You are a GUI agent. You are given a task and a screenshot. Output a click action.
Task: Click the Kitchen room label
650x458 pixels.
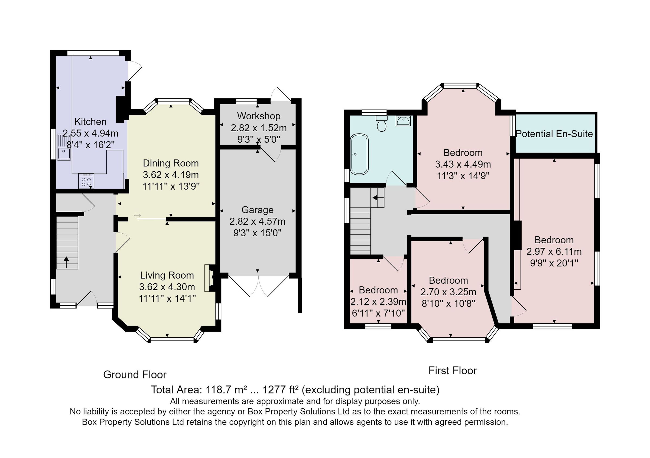[x=90, y=122]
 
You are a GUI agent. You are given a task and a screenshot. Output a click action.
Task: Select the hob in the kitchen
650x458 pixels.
[x=86, y=181]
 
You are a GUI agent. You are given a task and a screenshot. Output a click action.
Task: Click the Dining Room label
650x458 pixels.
[x=171, y=163]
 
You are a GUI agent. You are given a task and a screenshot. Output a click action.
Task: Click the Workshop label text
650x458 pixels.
[x=259, y=116]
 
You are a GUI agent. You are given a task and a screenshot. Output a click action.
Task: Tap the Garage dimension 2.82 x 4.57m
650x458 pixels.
[x=257, y=221]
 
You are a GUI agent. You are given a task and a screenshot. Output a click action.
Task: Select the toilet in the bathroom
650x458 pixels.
[x=382, y=123]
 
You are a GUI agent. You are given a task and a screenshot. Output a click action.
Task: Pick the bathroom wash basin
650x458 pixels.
[x=403, y=121]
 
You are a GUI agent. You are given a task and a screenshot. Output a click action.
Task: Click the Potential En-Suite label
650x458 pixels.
[x=554, y=134]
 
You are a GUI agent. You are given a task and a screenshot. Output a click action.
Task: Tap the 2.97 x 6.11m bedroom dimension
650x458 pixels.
[x=554, y=251]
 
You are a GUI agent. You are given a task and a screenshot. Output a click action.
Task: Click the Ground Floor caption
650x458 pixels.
[x=135, y=375]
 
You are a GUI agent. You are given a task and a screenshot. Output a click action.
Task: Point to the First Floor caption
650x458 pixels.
[x=452, y=371]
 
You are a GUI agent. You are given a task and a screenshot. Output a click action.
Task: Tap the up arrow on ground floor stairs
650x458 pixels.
[x=66, y=262]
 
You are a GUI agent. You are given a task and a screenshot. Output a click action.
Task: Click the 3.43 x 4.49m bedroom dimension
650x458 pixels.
[x=463, y=164]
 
